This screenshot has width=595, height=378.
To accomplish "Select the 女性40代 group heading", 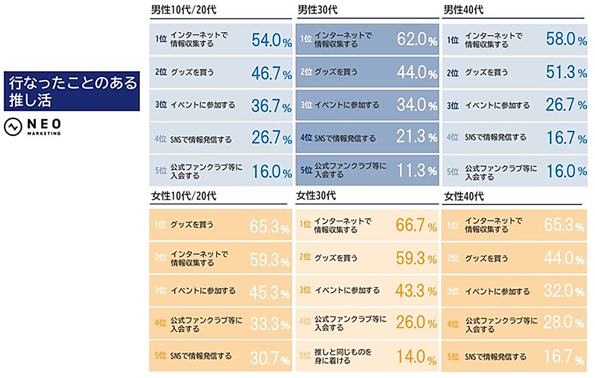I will coord(464,196).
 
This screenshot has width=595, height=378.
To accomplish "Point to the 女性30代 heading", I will coord(317,196).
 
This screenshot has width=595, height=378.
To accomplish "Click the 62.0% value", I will coord(416,39).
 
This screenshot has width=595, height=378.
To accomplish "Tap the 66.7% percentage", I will coord(416,225).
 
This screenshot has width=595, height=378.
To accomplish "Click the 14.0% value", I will coord(416,357).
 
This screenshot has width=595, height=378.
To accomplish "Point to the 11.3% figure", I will coord(416,171).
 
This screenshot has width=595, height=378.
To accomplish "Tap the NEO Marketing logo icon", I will coord(12,127).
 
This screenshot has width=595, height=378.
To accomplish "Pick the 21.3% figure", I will coord(416,138).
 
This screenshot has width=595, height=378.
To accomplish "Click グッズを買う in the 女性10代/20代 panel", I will coord(192,225).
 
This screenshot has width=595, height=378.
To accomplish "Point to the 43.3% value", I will coord(416,291).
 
